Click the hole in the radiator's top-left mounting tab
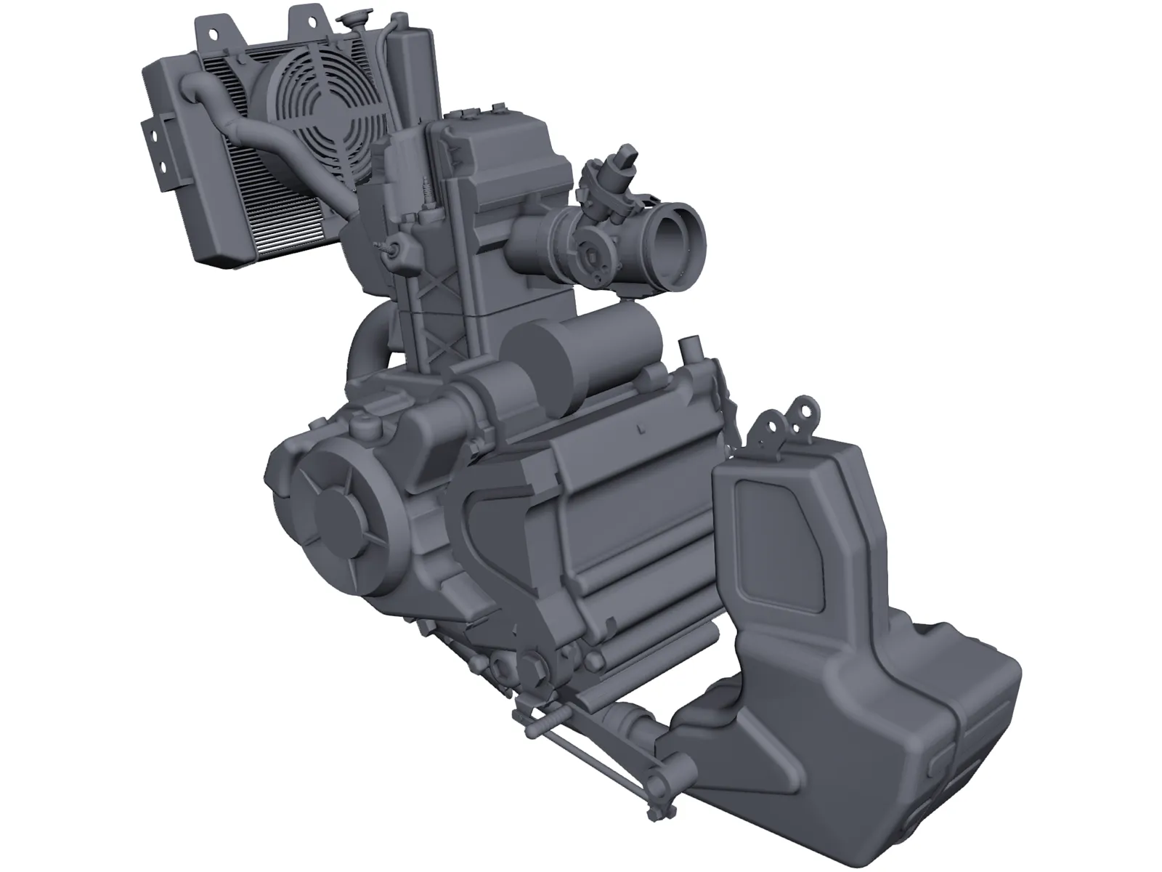pos(214,33)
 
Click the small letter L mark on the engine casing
pos(640,429)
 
